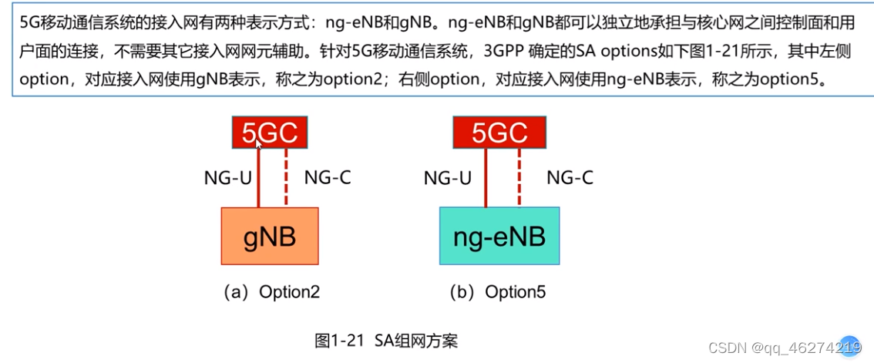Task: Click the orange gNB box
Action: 270,236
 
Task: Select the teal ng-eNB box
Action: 499,236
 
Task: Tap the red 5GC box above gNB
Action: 271,133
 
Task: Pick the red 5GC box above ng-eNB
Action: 499,133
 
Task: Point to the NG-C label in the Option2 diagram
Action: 328,178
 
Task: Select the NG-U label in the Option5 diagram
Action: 448,178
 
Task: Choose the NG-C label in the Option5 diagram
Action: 570,178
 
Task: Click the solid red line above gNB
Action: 259,178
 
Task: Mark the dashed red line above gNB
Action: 287,178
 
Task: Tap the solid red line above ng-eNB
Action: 486,178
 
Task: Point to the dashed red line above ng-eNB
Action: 519,178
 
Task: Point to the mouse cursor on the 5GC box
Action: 259,142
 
